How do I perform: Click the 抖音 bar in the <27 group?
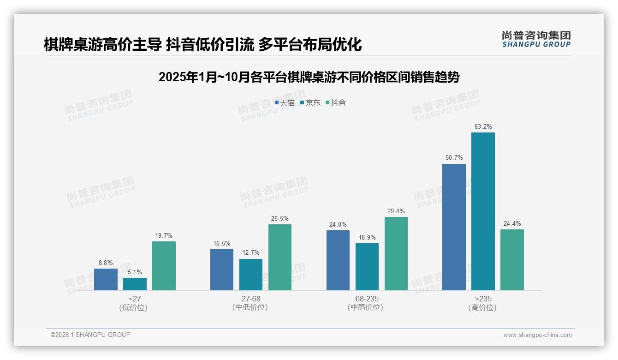pos(164,266)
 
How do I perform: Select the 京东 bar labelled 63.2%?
pos(483,211)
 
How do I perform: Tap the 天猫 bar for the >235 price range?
pos(454,227)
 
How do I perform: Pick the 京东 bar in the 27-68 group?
pos(251,275)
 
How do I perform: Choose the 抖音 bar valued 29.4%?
pos(396,253)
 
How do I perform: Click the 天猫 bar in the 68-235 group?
pos(338,260)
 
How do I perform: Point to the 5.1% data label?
pos(135,272)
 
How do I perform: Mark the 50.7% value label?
pos(454,158)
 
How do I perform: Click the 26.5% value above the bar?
pos(280,218)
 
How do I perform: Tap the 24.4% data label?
pos(512,224)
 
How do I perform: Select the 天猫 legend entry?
pos(285,103)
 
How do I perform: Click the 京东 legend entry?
pos(310,103)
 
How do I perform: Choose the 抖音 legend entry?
pos(336,103)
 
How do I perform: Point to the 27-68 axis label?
pos(251,299)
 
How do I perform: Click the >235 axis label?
pos(483,299)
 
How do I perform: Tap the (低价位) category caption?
pos(133,308)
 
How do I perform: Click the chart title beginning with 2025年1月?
pos(309,77)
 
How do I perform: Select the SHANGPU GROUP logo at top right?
pos(536,39)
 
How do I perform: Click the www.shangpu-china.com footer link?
pos(537,335)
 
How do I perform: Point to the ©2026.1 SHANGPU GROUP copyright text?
pos(90,335)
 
